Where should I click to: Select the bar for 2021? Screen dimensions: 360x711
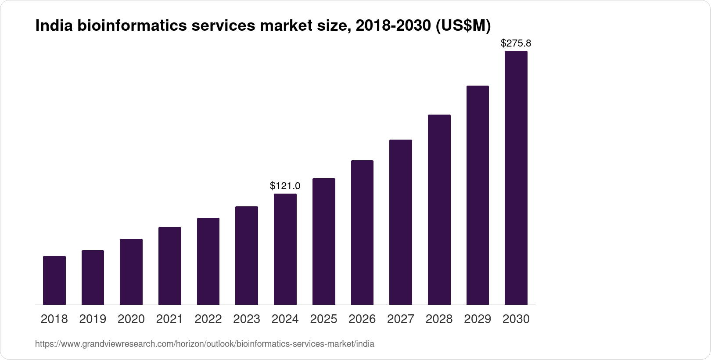(x=170, y=266)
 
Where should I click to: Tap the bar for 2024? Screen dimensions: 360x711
(x=285, y=249)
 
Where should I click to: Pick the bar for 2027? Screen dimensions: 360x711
(x=401, y=222)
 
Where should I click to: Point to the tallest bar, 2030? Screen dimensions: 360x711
(x=516, y=178)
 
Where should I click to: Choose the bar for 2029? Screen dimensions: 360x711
(x=478, y=195)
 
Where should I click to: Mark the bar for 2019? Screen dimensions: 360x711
(x=93, y=277)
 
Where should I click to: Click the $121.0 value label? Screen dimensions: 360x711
(x=285, y=186)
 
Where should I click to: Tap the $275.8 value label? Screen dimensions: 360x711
(x=516, y=43)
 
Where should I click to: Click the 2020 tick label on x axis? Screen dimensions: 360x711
(x=131, y=319)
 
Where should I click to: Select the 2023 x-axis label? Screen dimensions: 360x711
(x=247, y=319)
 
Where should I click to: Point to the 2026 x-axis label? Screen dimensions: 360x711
(x=362, y=319)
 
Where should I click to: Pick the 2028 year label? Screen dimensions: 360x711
(x=439, y=319)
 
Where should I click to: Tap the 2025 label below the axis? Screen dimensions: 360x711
(x=323, y=319)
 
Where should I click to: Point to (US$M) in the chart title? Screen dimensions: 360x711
(x=463, y=26)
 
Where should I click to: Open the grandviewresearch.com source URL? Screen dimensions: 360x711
(x=205, y=344)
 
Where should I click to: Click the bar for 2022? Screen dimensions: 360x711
(x=208, y=261)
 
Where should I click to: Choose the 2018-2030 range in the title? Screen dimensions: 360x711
(x=393, y=26)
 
